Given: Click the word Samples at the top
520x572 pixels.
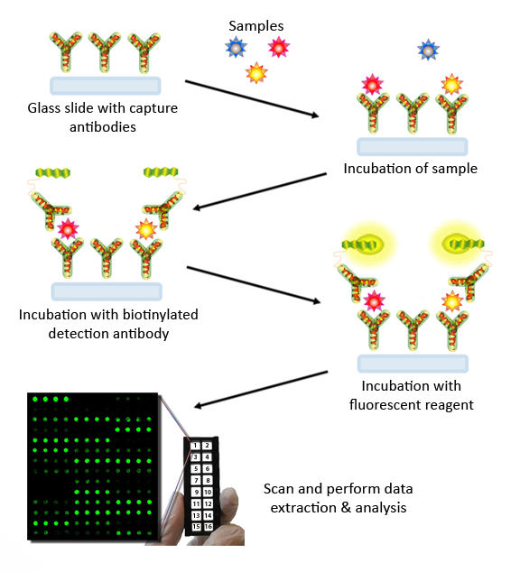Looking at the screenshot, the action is coord(256,26).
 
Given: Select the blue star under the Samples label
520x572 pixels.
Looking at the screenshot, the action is coord(237,47).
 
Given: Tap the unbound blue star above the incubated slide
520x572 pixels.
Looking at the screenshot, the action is coord(429,50).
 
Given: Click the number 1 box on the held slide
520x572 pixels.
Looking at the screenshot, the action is coord(195,446).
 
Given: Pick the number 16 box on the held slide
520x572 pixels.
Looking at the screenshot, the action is coord(208,526).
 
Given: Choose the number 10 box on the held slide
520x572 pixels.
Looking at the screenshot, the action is coord(208,492).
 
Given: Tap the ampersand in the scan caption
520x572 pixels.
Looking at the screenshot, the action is coord(345,508).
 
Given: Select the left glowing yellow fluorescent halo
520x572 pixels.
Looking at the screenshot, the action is coord(370,244).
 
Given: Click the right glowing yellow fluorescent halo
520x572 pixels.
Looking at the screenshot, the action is coord(456,244).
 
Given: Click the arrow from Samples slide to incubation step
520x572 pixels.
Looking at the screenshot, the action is coord(252,98).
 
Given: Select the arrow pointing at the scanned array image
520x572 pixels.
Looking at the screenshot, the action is coord(261,389).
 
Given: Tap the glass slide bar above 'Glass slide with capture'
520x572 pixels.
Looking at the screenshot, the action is coord(105,86).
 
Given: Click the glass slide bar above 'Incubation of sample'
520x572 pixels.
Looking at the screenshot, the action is coord(413,147).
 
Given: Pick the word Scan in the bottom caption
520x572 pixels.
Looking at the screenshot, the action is coord(279,489).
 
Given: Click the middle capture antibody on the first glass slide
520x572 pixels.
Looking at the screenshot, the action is coord(105,52).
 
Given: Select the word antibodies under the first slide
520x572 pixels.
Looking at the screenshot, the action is coord(103,127).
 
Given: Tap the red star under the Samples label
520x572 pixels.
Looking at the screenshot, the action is coord(279,47).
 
